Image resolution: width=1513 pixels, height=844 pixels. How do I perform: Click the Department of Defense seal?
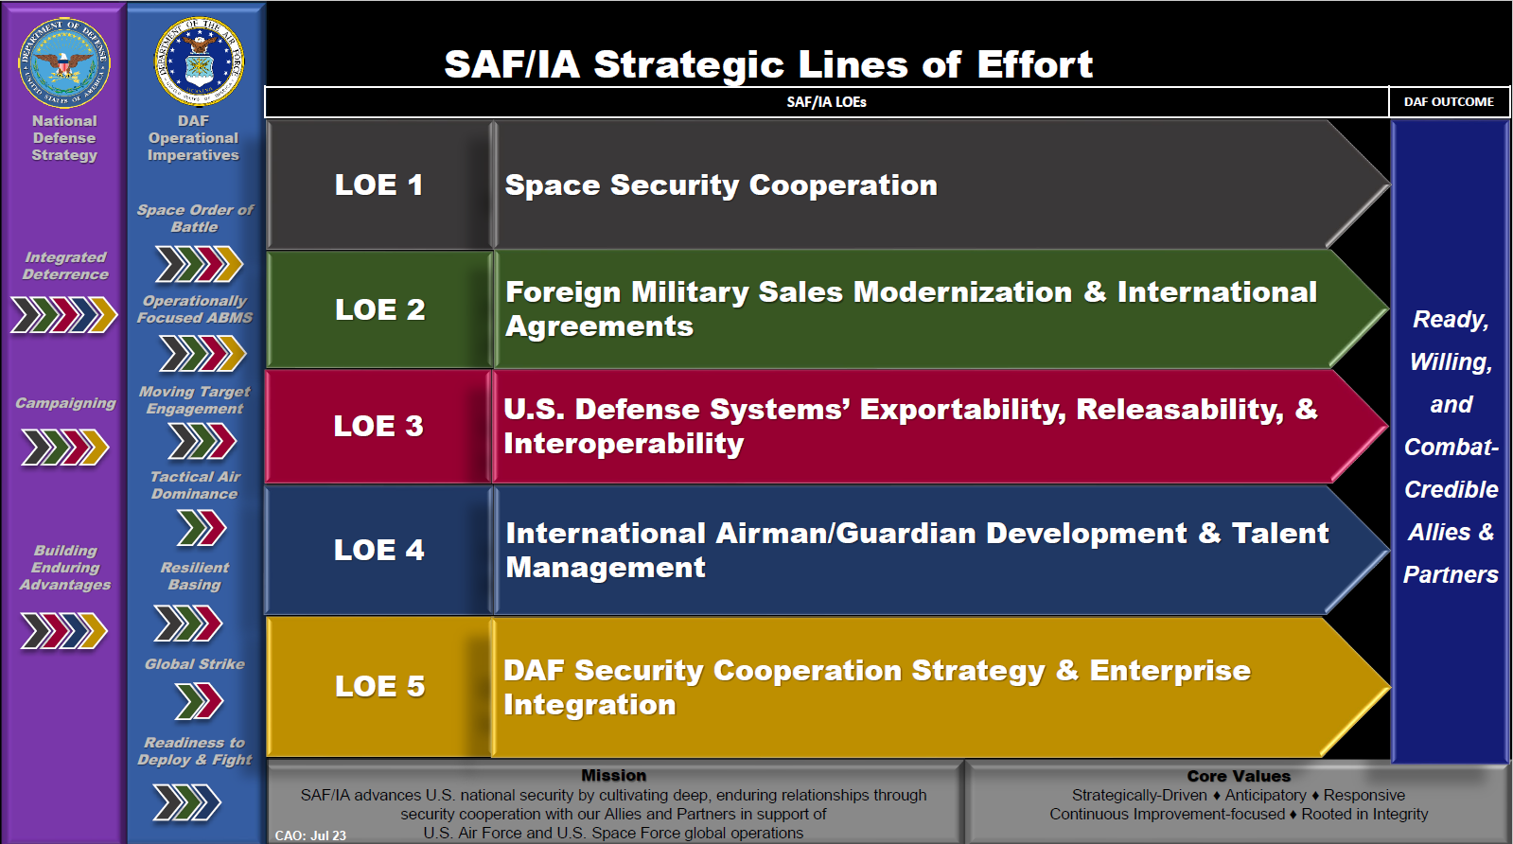64,62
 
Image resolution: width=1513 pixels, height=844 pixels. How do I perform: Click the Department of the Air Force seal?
200,62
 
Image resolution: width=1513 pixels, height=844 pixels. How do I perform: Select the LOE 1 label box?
378,185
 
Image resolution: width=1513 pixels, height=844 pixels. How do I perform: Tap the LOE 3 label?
378,426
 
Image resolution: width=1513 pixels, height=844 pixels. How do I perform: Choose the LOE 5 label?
379,686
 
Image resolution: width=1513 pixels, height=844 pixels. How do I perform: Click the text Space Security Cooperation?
721,185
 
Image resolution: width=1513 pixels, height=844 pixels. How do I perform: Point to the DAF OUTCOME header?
1449,102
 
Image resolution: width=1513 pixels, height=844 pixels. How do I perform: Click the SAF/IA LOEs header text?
826,102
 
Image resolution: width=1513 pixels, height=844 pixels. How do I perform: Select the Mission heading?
613,775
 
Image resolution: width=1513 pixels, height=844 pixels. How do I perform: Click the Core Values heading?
1239,776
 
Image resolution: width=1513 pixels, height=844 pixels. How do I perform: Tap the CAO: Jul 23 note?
310,835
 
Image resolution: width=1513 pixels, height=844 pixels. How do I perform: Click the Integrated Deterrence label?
65,265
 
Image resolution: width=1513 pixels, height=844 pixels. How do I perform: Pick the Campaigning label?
65,403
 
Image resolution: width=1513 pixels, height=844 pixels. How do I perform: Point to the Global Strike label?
195,663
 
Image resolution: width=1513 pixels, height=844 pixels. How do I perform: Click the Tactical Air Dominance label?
195,484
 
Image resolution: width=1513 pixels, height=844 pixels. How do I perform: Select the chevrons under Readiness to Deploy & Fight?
187,802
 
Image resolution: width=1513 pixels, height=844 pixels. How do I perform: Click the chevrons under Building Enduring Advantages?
63,631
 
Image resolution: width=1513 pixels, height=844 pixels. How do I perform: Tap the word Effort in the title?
1035,65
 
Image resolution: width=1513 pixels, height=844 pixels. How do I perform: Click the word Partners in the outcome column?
1451,574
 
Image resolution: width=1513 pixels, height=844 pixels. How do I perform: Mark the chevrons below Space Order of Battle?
200,264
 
